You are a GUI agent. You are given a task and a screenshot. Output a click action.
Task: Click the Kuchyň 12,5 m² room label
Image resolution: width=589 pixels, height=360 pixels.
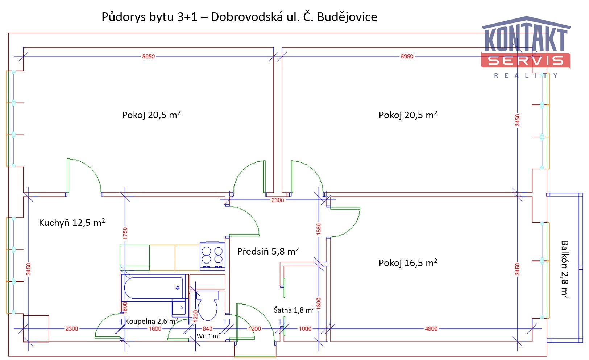tap(72, 223)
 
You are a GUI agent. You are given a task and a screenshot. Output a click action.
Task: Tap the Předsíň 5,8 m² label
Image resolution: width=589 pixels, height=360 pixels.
tap(268, 251)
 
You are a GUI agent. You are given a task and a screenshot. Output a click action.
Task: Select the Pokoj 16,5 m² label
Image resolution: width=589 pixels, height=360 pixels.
tap(408, 262)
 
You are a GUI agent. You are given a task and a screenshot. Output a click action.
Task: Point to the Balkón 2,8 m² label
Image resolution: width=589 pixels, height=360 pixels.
tap(565, 269)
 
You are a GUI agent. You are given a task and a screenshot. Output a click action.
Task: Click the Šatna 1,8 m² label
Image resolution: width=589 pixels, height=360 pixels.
tap(294, 310)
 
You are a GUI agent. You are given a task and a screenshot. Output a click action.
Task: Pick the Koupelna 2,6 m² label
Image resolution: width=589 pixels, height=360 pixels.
tap(152, 321)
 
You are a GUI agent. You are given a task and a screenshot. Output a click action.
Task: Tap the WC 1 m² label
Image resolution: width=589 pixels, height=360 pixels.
tap(208, 336)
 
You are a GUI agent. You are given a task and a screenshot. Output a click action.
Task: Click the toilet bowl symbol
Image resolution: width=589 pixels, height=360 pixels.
tap(207, 306)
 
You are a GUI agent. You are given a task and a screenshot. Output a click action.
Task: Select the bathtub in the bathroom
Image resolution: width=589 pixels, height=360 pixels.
tap(154, 288)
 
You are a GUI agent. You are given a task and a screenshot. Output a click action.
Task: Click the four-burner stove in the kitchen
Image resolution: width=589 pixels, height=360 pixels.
tap(212, 256)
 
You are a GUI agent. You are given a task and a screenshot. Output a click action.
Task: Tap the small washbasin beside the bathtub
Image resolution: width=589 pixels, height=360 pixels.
tap(179, 308)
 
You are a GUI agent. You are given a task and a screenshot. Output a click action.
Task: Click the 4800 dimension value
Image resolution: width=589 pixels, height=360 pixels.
tap(431, 328)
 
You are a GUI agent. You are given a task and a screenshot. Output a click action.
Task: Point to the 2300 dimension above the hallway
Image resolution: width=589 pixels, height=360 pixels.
tap(278, 200)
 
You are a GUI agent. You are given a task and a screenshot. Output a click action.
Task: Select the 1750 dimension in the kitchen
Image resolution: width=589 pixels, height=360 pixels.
tap(125, 233)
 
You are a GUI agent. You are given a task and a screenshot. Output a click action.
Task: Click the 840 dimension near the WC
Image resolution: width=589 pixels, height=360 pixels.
tap(207, 328)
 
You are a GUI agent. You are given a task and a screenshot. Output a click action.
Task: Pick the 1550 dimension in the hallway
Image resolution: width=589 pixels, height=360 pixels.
tap(319, 229)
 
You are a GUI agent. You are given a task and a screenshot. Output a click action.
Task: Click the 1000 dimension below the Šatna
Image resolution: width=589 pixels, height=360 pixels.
tap(305, 328)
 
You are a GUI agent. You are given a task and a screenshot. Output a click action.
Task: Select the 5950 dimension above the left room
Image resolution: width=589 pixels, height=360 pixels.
tap(149, 57)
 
